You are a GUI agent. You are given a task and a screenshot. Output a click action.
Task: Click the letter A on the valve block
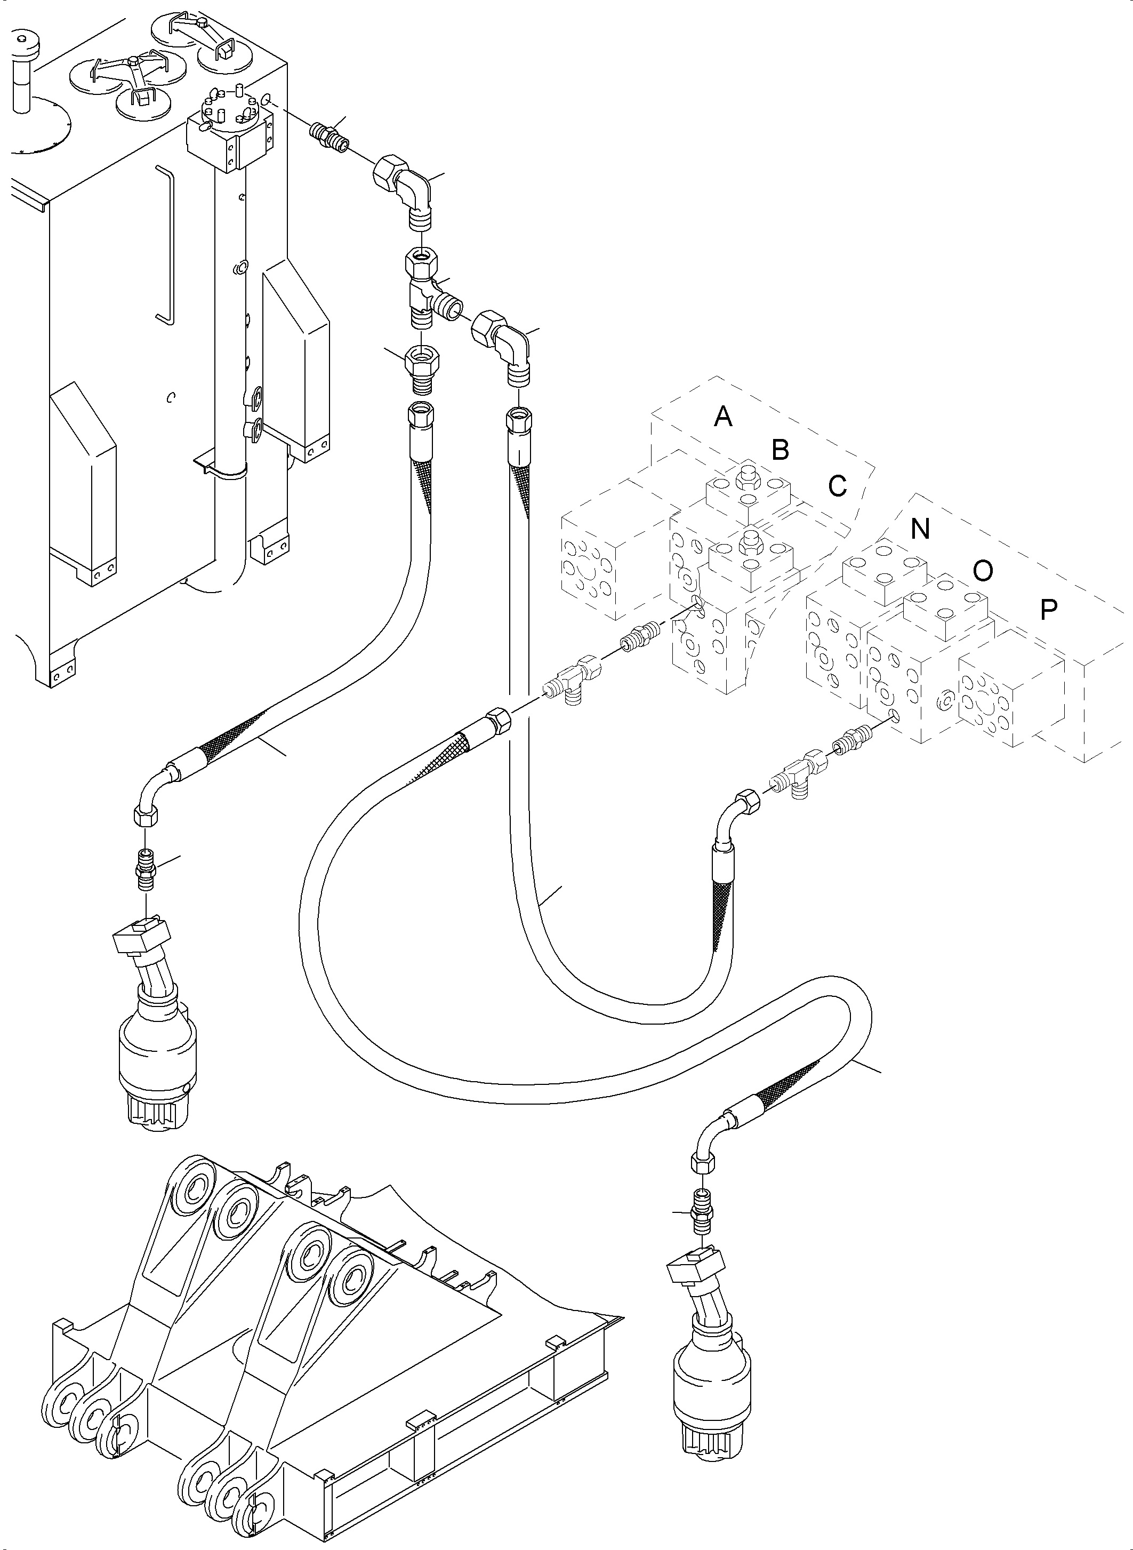coord(723,417)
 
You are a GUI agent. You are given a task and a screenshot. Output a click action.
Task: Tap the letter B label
coord(780,450)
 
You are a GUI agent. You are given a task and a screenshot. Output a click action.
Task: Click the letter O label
coord(983,570)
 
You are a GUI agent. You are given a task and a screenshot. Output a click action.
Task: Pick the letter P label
coord(1048,609)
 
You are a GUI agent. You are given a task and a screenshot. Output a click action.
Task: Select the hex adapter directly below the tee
coord(422,367)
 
